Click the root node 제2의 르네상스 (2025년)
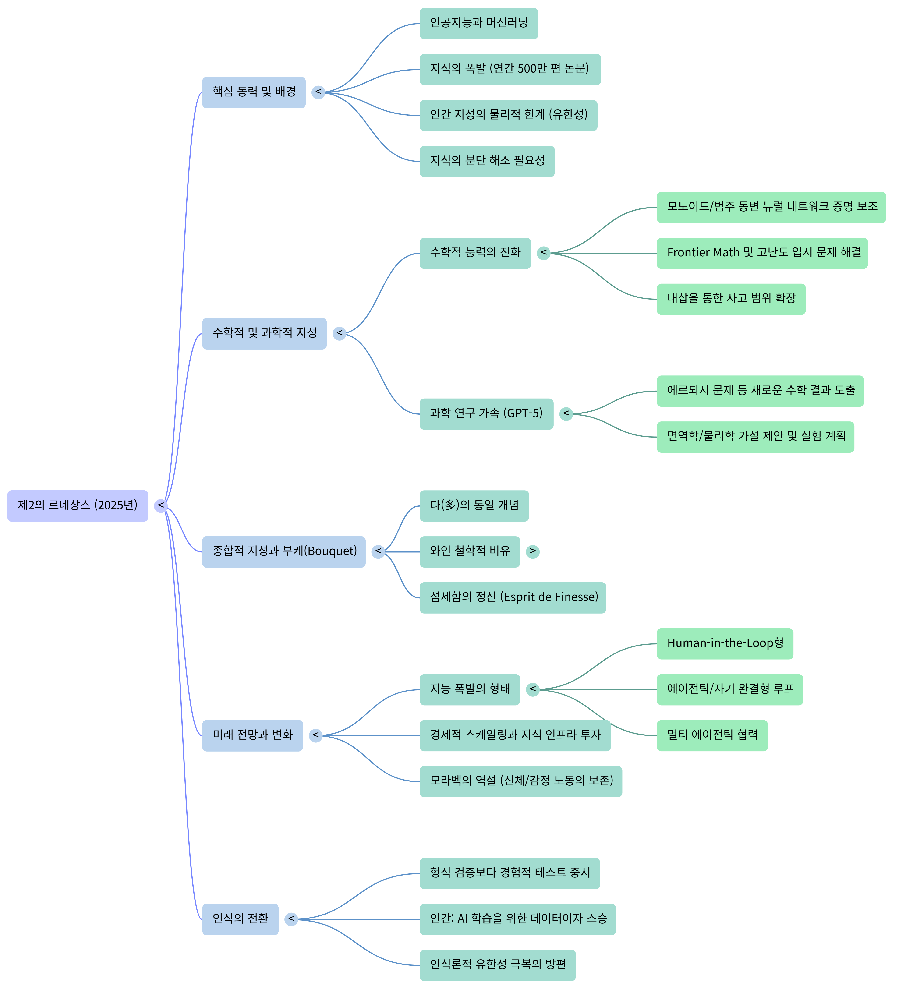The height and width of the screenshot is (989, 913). pos(78,505)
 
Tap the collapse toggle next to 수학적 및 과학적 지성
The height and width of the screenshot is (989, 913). pos(339,333)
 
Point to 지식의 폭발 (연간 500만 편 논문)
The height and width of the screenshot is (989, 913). pos(510,69)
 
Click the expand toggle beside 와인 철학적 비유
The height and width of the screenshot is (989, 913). pos(533,551)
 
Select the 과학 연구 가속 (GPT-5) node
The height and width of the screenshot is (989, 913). pos(486,413)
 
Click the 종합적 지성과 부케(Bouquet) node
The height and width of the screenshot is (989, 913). pos(283,551)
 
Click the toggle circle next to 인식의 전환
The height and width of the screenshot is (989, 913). pos(291,919)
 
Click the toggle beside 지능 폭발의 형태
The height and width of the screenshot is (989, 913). pos(533,689)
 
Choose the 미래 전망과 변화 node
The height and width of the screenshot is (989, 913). pos(252,735)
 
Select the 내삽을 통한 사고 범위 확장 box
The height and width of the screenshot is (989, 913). pos(731,299)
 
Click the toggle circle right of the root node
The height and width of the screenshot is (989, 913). pos(161,505)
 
